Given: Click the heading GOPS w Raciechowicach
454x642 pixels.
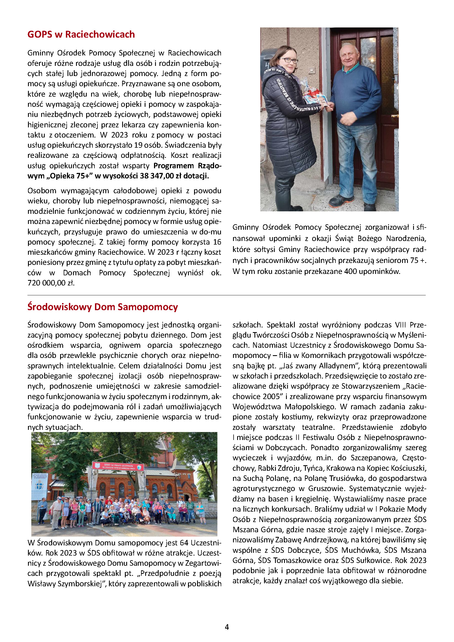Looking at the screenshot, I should tap(81, 34).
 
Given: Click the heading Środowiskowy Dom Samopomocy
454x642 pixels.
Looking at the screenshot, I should tap(103, 307).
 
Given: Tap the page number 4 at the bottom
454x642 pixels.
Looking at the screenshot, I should tap(227, 627).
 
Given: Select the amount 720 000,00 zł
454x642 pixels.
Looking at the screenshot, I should tap(51, 283).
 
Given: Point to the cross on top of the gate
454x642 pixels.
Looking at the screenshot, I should tap(119, 450).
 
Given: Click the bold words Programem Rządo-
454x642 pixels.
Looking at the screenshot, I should tap(187, 166).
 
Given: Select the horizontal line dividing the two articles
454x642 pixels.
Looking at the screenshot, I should tap(226, 295).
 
